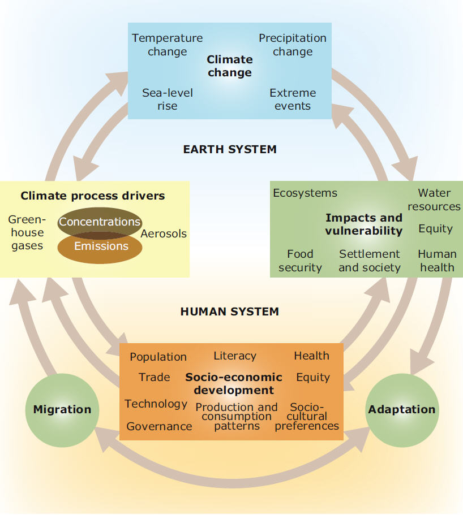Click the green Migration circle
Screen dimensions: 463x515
(62, 410)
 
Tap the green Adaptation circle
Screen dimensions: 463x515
(402, 410)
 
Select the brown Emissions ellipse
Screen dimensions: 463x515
(100, 247)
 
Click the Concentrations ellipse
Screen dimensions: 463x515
(100, 223)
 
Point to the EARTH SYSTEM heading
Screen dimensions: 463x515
(230, 149)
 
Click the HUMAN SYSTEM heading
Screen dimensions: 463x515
(230, 311)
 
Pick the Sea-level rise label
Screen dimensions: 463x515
(168, 99)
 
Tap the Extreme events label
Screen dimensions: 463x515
(293, 99)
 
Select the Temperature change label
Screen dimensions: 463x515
(168, 45)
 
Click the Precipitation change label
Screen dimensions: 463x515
(293, 45)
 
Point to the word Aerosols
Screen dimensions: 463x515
(164, 233)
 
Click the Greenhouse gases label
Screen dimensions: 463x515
(27, 232)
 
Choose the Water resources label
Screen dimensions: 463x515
(434, 200)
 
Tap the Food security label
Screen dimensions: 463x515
(300, 261)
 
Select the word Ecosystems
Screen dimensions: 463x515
(305, 193)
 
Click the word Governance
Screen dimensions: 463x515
(159, 426)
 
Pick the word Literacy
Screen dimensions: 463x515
(235, 356)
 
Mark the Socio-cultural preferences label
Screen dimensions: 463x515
(307, 417)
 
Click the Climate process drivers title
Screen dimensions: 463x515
(93, 196)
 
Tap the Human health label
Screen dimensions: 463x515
(438, 261)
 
